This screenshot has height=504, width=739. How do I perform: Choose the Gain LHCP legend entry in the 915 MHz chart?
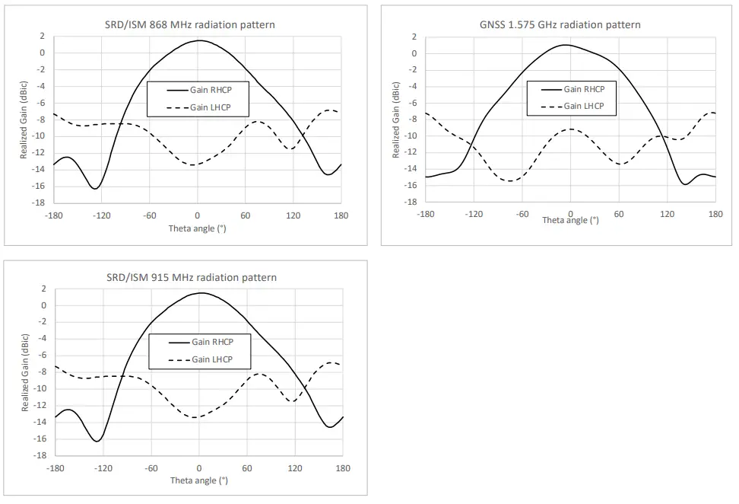click(211, 359)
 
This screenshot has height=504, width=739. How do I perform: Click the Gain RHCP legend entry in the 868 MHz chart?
click(209, 90)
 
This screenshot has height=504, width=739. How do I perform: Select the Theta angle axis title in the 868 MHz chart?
click(197, 228)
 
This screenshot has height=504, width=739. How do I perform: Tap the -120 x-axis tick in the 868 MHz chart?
click(100, 215)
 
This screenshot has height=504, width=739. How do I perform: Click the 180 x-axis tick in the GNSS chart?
click(715, 214)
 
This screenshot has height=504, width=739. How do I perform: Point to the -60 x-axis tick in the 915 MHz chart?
click(151, 468)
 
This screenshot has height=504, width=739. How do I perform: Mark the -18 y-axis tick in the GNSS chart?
click(411, 203)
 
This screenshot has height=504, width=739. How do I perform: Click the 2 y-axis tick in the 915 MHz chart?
click(44, 289)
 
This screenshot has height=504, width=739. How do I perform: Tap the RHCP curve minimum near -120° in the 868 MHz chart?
click(95, 188)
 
